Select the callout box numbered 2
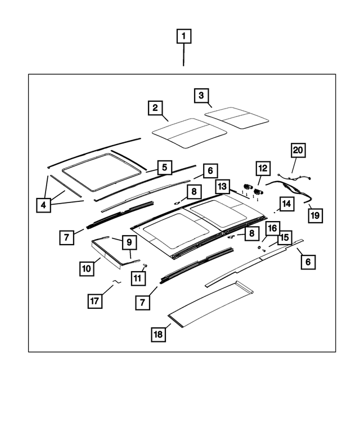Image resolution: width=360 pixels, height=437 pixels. tap(156, 107)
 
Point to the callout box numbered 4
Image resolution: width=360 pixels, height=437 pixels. tap(43, 206)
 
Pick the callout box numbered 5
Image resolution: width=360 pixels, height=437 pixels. tap(164, 167)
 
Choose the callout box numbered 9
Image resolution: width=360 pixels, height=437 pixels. tap(128, 242)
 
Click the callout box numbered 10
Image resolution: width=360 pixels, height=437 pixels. tap(86, 269)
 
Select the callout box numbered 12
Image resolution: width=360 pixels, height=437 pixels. tap(263, 168)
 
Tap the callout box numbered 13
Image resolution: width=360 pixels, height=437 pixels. tap(223, 186)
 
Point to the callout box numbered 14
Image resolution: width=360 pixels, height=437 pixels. tap(286, 204)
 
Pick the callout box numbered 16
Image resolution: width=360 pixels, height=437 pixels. tap(272, 228)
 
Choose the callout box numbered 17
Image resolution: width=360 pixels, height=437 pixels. tap(95, 301)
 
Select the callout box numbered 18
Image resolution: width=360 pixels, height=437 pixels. tap(159, 334)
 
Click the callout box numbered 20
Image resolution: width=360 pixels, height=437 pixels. tap(298, 150)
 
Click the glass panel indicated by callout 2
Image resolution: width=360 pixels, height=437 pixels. tap(189, 133)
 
